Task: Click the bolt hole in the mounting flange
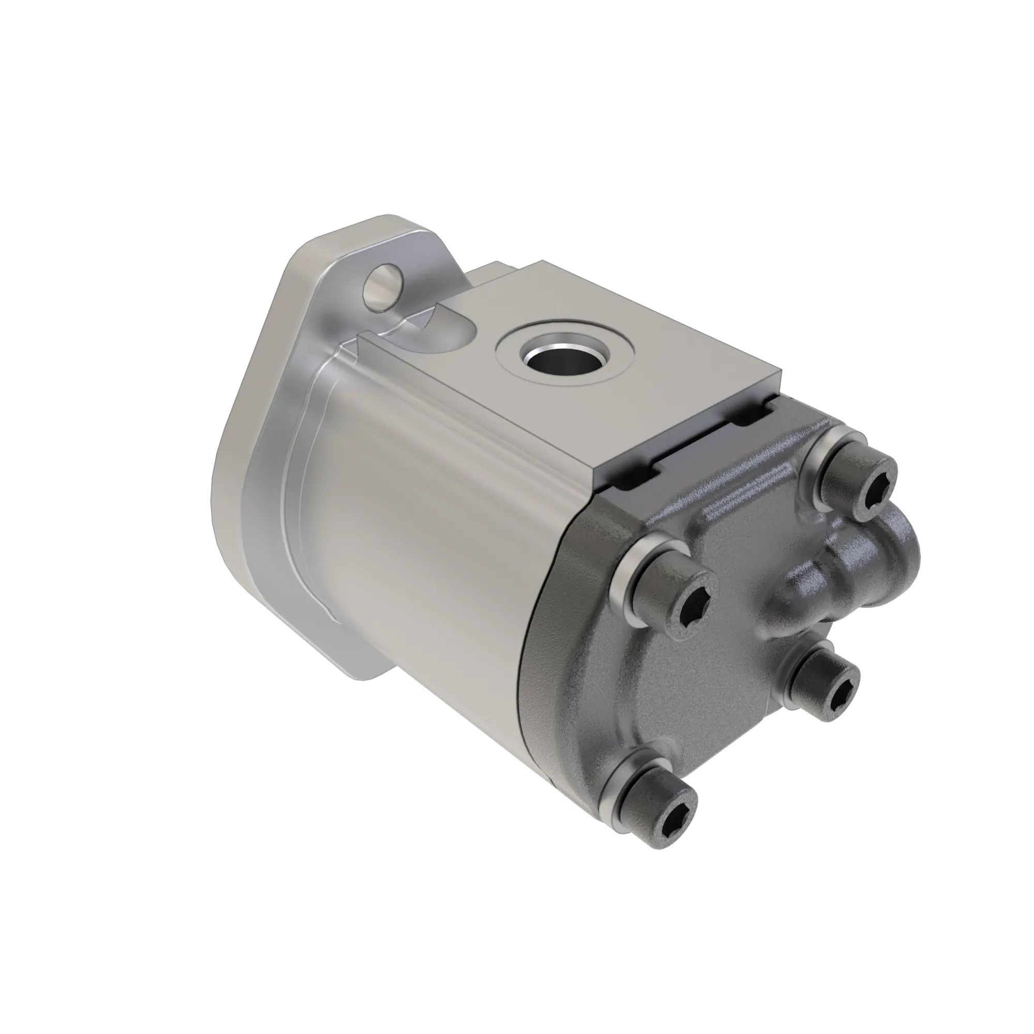[x=381, y=287]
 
